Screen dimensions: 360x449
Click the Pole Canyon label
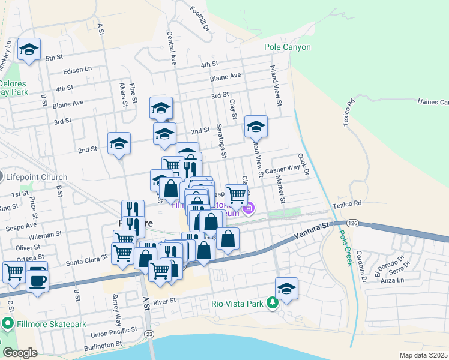[x=288, y=47]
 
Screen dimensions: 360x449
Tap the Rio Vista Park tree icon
[x=273, y=303]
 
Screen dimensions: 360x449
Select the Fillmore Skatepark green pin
[x=8, y=323]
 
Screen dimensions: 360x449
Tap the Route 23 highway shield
[x=149, y=333]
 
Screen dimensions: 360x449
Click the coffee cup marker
[x=37, y=279]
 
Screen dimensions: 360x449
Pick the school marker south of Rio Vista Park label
[x=287, y=289]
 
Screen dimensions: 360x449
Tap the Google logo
[x=20, y=353]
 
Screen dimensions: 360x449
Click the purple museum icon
[x=250, y=208]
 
